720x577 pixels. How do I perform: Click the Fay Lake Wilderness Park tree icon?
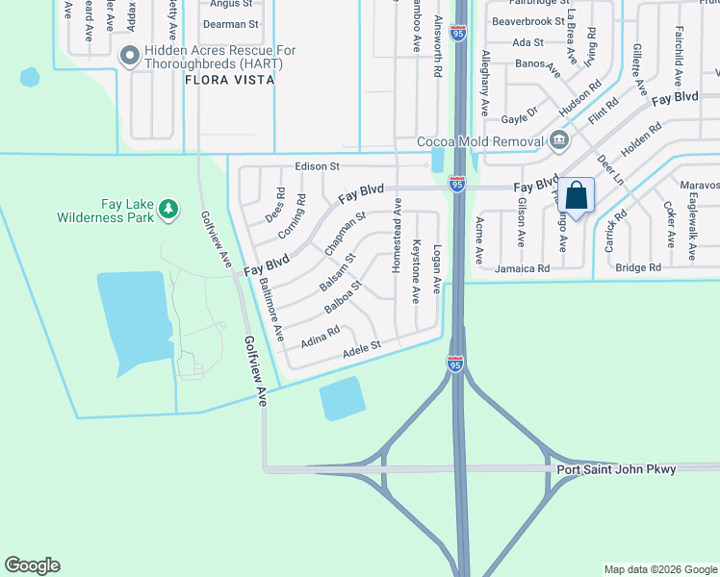click(168, 209)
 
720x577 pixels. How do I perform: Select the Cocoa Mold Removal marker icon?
click(558, 142)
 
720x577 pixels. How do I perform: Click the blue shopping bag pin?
click(576, 196)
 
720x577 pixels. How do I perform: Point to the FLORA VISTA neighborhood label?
click(230, 81)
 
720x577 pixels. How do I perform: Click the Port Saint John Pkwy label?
click(616, 469)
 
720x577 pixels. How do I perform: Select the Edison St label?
click(318, 166)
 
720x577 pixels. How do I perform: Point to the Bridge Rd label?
click(638, 267)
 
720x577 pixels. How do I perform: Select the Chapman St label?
click(345, 233)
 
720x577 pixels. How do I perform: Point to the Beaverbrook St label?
click(527, 21)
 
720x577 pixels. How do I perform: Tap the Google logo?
click(32, 565)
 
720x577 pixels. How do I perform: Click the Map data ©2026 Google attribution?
click(659, 569)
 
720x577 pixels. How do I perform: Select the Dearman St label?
click(234, 23)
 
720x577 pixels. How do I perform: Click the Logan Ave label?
click(437, 268)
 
